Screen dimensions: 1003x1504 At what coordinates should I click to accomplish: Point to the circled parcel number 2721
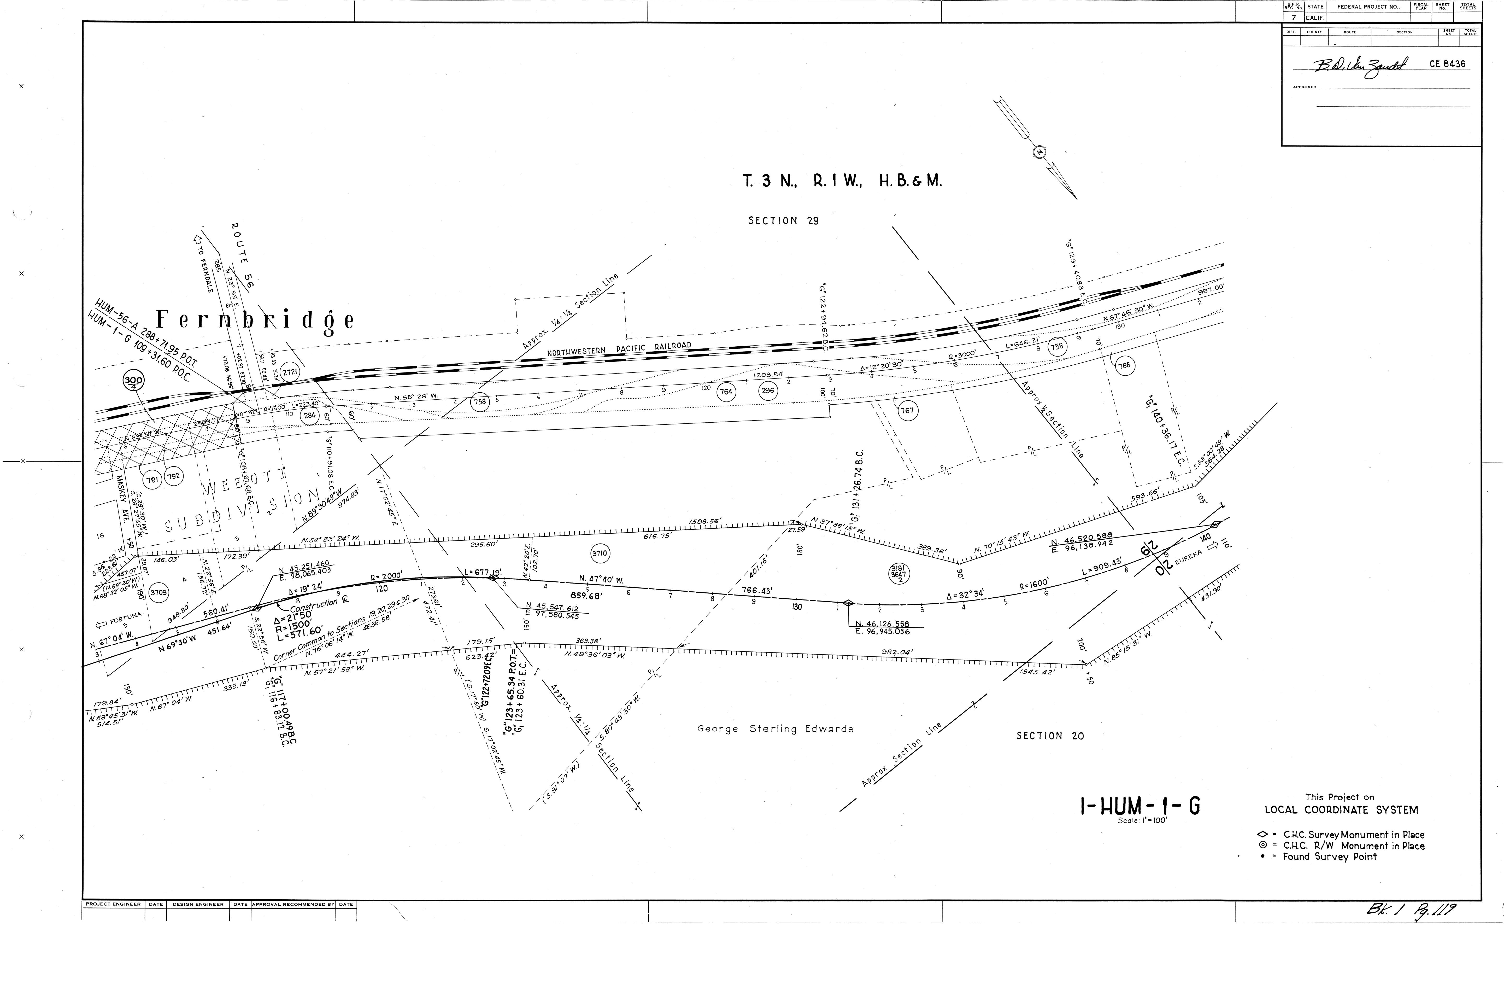[290, 372]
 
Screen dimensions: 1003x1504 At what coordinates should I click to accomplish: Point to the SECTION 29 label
[783, 221]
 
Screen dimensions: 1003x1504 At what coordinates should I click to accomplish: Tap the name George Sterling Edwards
[775, 728]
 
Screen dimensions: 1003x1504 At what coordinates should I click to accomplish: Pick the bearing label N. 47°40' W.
[601, 579]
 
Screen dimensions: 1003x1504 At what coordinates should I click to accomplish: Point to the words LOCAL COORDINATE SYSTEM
[1341, 810]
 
